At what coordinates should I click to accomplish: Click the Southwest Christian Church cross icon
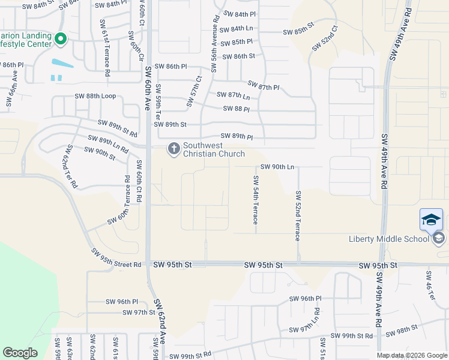[173, 148]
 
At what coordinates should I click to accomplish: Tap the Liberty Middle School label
[389, 239]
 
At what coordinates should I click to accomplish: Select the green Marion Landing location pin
[60, 39]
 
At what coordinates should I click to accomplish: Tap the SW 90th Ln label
[277, 167]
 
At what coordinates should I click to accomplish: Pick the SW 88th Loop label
[95, 96]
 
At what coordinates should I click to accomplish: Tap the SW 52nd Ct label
[325, 38]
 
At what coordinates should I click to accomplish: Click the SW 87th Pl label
[264, 86]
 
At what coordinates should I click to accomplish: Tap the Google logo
[20, 353]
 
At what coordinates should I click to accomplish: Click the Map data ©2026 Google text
[412, 356]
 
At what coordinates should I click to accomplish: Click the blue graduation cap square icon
[432, 219]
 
